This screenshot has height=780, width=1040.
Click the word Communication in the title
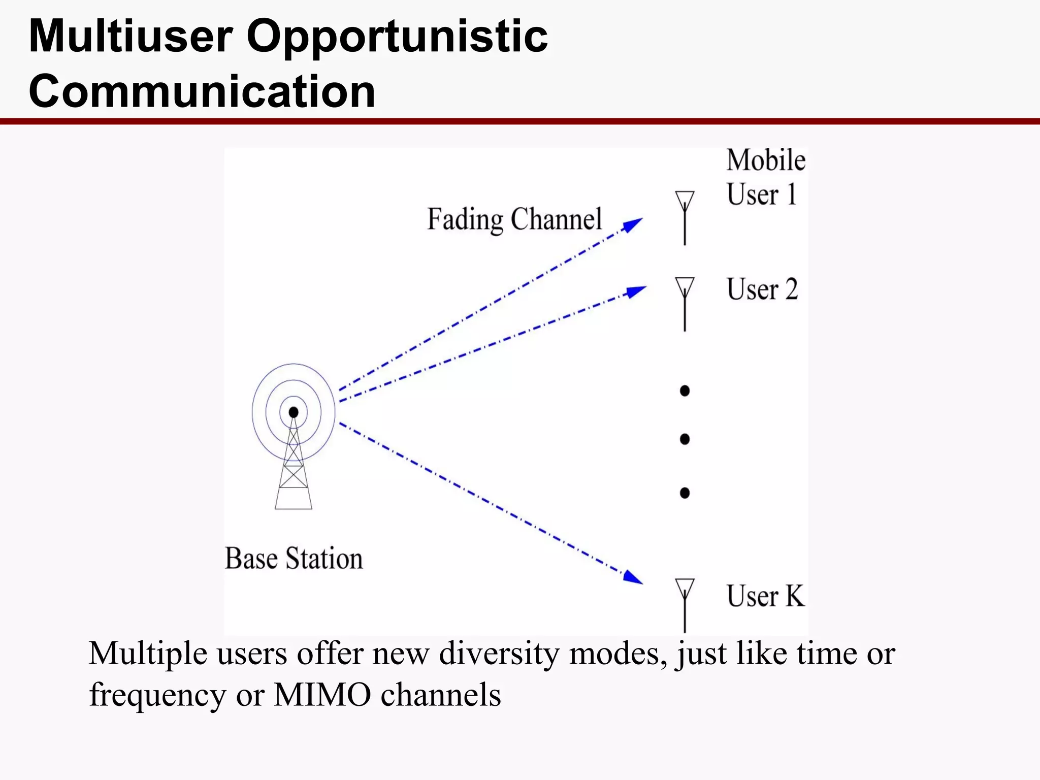pos(202,91)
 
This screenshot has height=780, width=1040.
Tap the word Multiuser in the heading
pos(131,37)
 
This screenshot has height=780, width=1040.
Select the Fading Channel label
pos(514,219)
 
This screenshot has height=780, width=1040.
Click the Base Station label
pos(294,559)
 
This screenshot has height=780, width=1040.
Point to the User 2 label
pos(762,289)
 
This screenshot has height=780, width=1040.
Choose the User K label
pos(765,596)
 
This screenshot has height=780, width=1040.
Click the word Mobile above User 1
pos(766,160)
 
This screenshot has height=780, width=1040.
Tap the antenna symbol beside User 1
pos(685,217)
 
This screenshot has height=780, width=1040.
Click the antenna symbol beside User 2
pos(685,303)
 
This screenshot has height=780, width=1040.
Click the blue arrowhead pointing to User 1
pos(634,224)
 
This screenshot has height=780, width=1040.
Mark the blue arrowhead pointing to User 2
pos(637,291)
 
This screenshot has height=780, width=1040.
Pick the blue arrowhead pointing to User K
pos(633,577)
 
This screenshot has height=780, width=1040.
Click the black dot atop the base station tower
pos(294,412)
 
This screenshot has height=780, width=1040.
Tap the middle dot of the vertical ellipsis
pos(685,439)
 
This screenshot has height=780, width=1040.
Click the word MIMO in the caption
pos(322,695)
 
